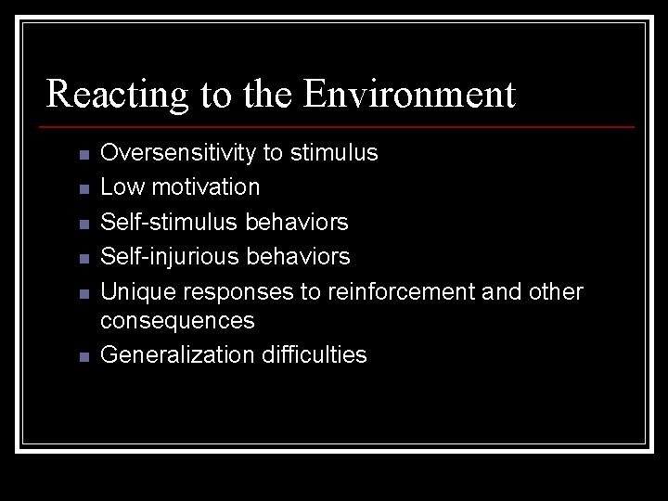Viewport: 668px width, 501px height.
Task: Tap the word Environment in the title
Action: tap(409, 94)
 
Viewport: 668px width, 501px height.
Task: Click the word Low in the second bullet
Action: tap(122, 187)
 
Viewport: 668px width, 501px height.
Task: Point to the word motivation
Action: tap(205, 187)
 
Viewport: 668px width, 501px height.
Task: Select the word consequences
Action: tap(177, 321)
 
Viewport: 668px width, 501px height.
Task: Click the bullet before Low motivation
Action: tap(83, 189)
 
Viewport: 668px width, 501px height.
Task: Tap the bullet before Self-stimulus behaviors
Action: tap(83, 224)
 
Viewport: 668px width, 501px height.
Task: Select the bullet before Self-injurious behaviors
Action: tap(83, 257)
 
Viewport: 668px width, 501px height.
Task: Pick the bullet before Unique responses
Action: tap(83, 293)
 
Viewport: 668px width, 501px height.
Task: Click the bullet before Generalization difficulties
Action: tap(83, 357)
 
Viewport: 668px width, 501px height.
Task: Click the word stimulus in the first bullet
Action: tap(334, 153)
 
